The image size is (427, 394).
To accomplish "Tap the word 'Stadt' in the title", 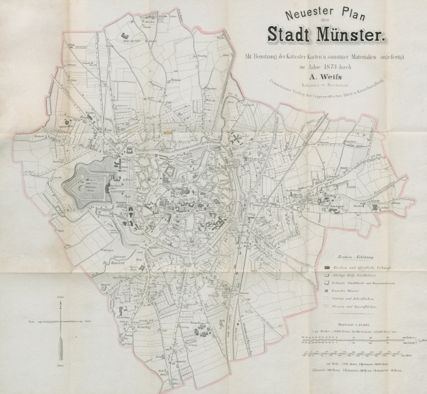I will (287, 33).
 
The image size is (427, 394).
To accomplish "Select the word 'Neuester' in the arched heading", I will (282, 12).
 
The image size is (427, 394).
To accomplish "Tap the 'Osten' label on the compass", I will (88, 320).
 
